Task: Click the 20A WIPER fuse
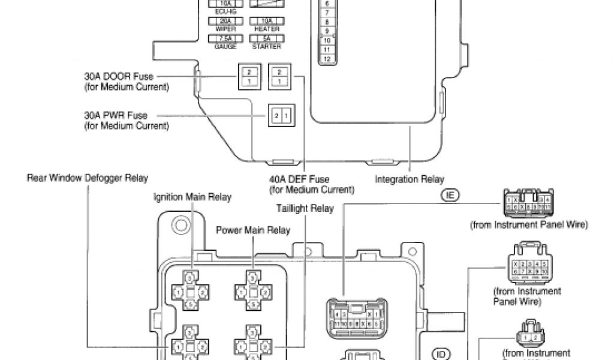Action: pyautogui.click(x=221, y=20)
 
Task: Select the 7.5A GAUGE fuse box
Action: pyautogui.click(x=221, y=38)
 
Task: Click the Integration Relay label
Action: pyautogui.click(x=410, y=179)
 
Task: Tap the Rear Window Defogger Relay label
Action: pyautogui.click(x=88, y=178)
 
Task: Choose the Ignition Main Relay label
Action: pyautogui.click(x=192, y=196)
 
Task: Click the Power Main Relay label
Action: pyautogui.click(x=253, y=230)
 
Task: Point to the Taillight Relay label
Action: pyautogui.click(x=305, y=209)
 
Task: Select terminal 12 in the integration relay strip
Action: pyautogui.click(x=326, y=59)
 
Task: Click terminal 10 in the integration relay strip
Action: pyautogui.click(x=326, y=40)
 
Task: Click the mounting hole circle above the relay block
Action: pyautogui.click(x=178, y=226)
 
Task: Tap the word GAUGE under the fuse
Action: pyautogui.click(x=221, y=46)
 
